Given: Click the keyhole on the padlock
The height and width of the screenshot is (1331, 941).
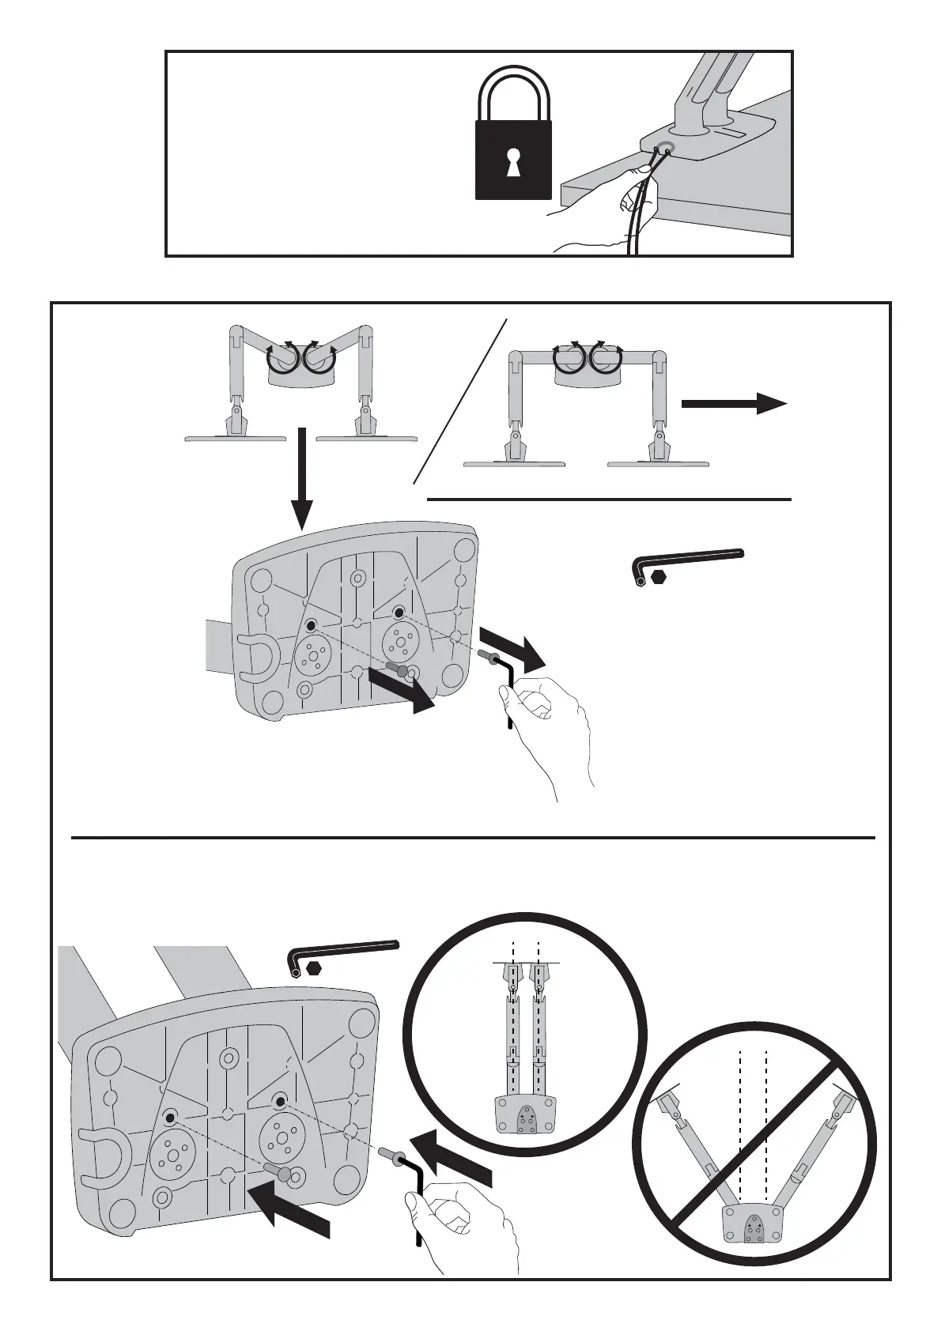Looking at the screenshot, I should pos(513,161).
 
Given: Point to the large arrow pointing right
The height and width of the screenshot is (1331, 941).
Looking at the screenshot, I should pos(734,403).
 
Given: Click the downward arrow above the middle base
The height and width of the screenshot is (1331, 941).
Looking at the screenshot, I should pos(300,483).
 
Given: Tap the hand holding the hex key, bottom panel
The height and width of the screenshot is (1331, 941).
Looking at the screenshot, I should pos(467,1241).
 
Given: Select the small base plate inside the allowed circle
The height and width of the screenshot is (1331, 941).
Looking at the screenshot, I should pos(526,1115).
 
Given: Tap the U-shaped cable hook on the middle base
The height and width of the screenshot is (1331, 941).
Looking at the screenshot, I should pos(256,656).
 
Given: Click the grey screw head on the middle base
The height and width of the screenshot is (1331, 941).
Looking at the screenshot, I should pos(403,671).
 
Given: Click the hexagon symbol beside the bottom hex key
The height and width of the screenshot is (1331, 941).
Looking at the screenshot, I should pos(315,968).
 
